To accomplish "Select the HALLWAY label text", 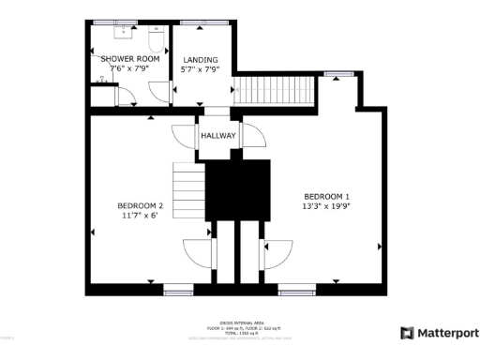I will click(x=218, y=136).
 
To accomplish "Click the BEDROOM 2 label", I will click(x=141, y=205).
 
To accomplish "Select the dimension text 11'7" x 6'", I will click(x=141, y=216).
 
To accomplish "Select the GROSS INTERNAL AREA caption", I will click(x=240, y=320).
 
